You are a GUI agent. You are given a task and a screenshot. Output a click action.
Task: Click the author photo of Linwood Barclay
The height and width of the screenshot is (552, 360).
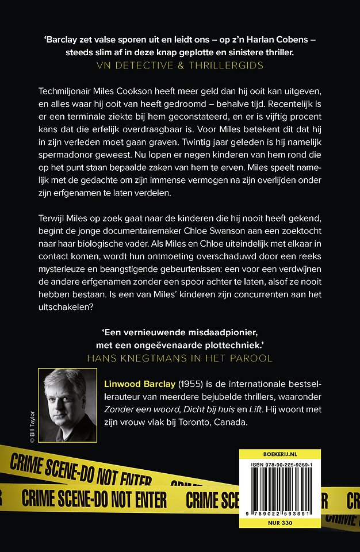click(x=75, y=405)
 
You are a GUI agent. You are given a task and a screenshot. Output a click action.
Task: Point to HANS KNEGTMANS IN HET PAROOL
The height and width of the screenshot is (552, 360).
click(x=179, y=357)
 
